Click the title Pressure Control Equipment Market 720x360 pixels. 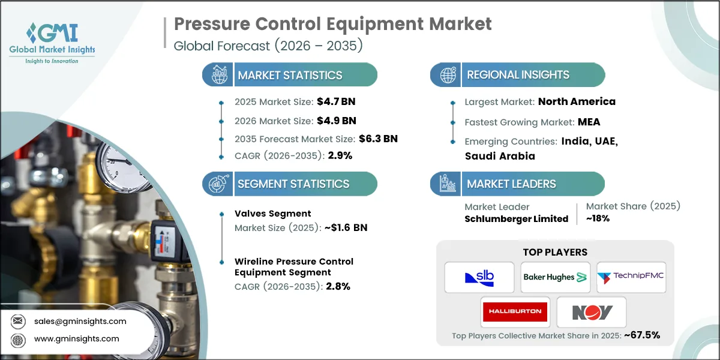coord(332,24)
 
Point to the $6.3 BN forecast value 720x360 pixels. coord(378,139)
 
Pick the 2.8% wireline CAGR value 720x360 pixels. coord(338,286)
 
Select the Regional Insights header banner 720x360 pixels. coord(518,75)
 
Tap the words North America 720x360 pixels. coord(577,101)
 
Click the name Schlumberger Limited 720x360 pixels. coord(516,219)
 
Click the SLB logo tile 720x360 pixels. coord(479,277)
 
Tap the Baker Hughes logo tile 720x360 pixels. coord(555,277)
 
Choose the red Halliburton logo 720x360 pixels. coord(515,311)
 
